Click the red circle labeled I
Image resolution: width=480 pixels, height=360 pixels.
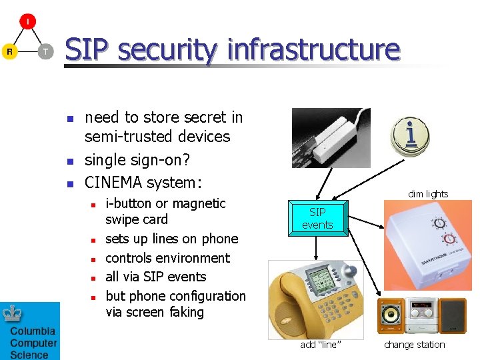click(x=27, y=22)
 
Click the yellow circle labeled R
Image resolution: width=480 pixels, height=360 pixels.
click(x=9, y=51)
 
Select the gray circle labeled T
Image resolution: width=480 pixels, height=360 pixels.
click(x=45, y=51)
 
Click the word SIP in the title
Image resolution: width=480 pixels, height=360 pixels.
click(x=91, y=51)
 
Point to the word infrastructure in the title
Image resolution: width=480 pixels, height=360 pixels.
click(x=313, y=51)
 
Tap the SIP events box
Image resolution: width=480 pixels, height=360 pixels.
click(x=317, y=219)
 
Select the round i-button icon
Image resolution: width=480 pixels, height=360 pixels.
click(x=409, y=135)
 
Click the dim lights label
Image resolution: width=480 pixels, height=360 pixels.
click(x=428, y=194)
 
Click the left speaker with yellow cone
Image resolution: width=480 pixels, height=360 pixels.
click(x=391, y=315)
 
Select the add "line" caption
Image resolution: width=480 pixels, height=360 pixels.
click(x=321, y=345)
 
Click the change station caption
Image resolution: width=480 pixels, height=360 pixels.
click(x=414, y=345)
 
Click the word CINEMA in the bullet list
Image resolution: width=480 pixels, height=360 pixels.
click(x=116, y=182)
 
